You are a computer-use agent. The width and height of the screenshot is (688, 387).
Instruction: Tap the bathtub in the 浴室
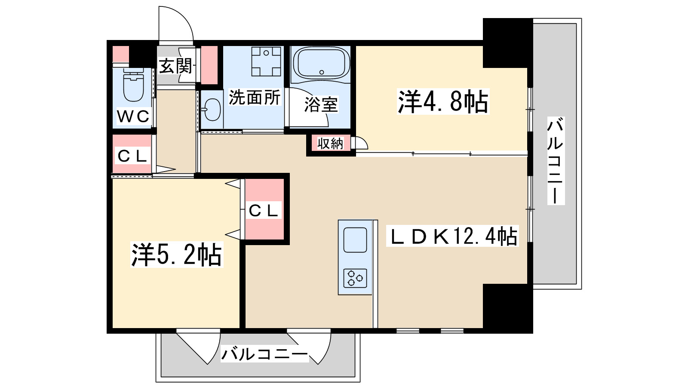coord(321,63)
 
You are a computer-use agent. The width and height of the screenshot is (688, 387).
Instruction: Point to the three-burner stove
coord(355,278)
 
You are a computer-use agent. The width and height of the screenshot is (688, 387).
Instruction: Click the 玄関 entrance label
coord(175,66)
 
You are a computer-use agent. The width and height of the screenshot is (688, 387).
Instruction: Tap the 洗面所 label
coord(255,98)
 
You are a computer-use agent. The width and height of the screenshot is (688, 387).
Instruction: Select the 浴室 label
coord(321,104)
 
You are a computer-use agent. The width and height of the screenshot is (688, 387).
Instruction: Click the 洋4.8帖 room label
coord(443,102)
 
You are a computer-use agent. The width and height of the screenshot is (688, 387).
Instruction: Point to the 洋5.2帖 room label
coord(176,255)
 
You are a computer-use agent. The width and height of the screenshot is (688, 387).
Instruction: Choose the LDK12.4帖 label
coord(453,236)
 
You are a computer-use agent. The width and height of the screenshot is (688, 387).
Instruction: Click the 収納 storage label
coord(330,144)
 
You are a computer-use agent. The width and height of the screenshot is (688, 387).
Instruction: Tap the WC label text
coord(133,116)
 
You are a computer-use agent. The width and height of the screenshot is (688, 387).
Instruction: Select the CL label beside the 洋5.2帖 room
coord(264,211)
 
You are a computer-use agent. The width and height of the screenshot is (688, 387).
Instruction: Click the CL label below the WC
coord(132,156)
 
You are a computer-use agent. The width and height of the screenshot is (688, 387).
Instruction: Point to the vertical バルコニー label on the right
coord(556,160)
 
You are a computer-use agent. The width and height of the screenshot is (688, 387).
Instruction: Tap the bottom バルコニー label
coord(264,354)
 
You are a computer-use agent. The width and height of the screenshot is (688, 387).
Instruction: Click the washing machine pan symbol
coord(266,61)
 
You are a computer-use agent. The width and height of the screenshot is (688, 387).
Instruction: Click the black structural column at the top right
coord(507,42)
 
